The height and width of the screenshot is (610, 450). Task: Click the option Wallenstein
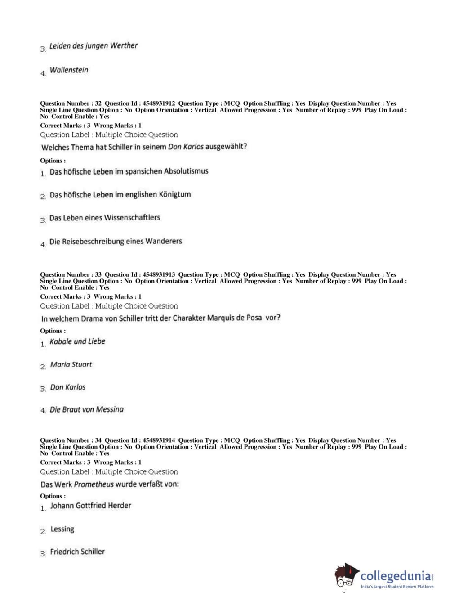(x=69, y=70)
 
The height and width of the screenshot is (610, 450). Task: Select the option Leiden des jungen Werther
(x=93, y=46)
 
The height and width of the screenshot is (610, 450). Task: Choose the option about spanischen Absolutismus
(x=129, y=171)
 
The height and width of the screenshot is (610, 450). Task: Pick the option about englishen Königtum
(x=120, y=195)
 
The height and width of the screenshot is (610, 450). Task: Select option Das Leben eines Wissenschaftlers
(x=105, y=218)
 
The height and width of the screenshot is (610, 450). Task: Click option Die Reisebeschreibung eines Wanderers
(x=116, y=242)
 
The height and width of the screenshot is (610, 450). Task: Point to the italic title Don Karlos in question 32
(x=186, y=147)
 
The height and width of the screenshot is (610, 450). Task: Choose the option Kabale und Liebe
(x=77, y=341)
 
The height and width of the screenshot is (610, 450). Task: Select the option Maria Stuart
(x=71, y=364)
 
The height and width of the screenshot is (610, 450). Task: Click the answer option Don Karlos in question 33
(x=67, y=387)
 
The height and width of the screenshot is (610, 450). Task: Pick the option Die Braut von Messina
(x=86, y=409)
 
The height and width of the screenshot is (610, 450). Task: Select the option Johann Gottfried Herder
(x=90, y=506)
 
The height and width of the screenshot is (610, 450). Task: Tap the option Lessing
(x=62, y=529)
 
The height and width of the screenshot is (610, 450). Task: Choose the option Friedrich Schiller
(x=77, y=552)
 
